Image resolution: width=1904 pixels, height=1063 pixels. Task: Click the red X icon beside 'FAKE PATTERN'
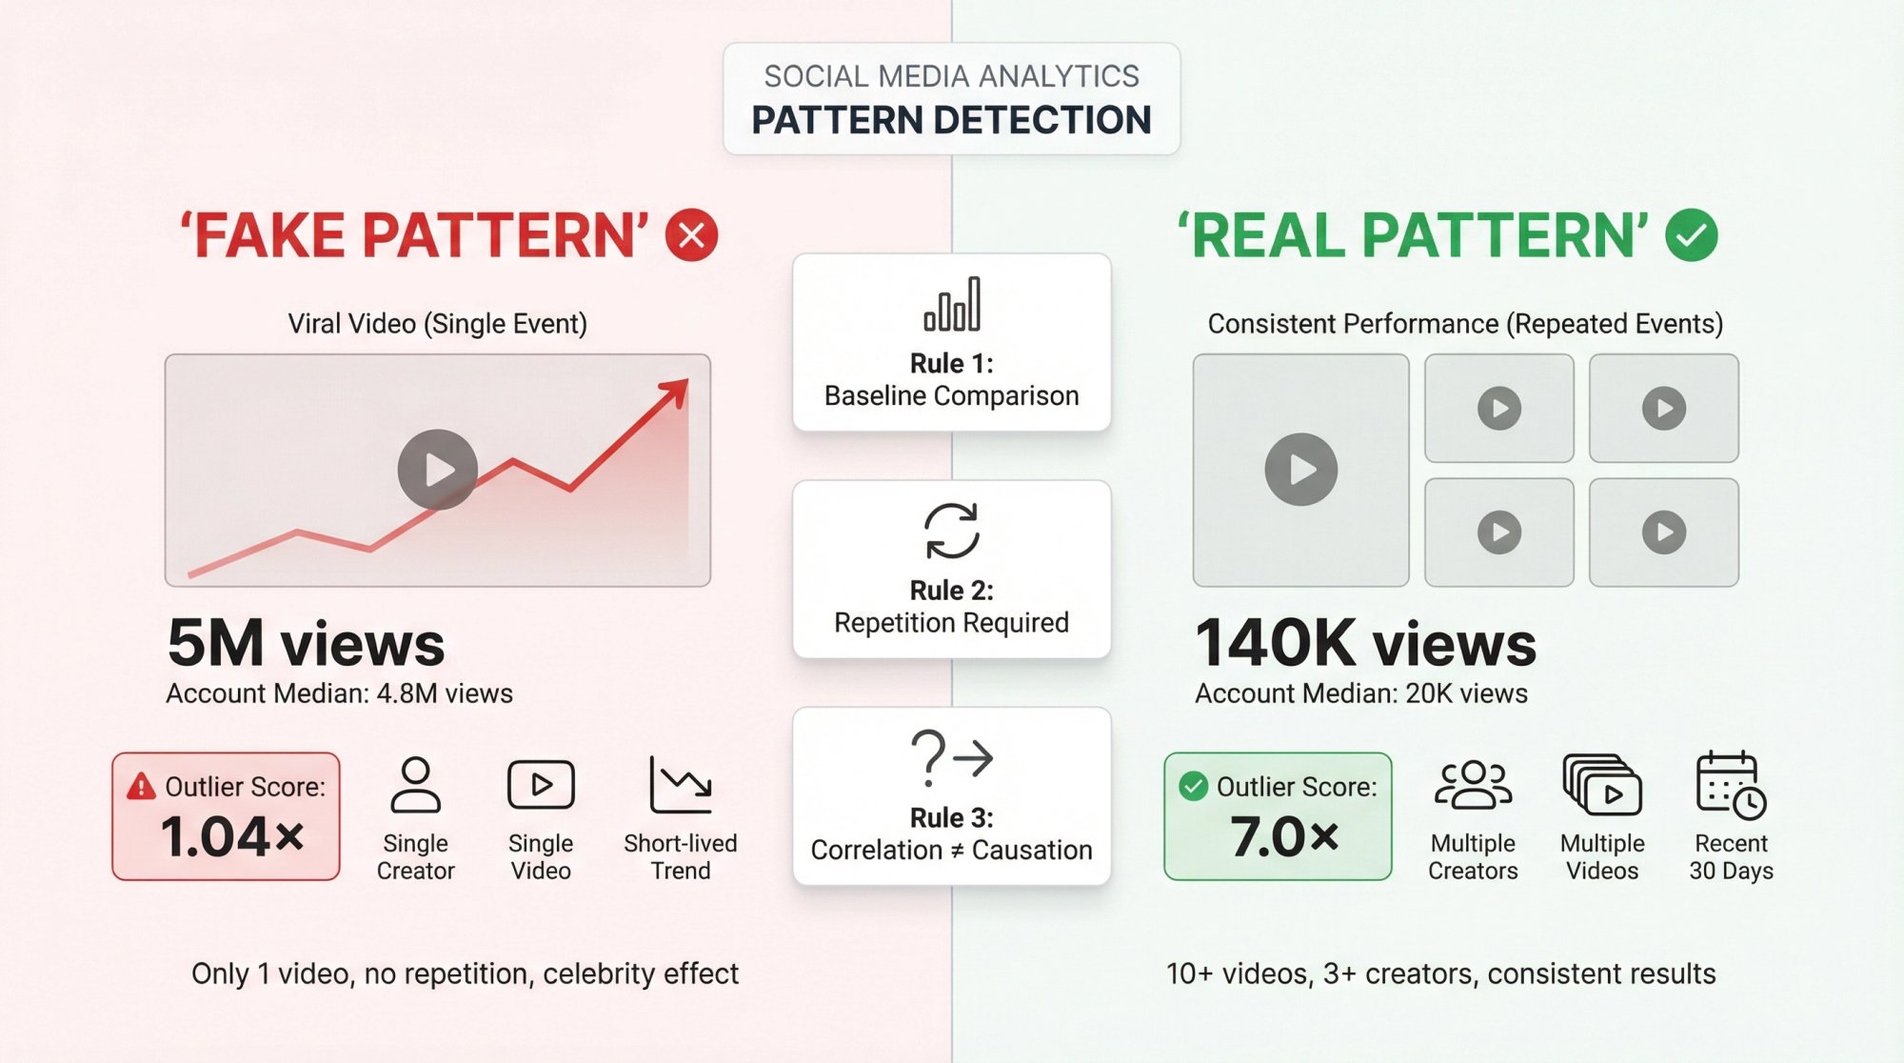point(691,235)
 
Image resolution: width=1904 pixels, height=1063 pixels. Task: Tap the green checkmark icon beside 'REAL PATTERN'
point(1692,235)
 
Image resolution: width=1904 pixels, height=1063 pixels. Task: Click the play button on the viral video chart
point(438,470)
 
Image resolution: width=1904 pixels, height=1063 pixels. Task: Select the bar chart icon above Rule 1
point(952,305)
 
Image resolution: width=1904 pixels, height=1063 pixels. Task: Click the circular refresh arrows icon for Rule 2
point(952,531)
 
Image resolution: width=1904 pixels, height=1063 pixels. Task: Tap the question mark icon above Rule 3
point(929,757)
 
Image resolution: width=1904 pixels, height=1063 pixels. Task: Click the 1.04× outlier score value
point(232,837)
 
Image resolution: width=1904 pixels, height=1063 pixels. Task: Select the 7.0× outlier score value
point(1284,837)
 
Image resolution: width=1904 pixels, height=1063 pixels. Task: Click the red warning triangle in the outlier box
point(141,786)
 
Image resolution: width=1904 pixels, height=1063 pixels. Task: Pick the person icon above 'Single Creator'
point(416,785)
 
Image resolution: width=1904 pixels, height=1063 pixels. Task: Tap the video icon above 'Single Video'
point(541,785)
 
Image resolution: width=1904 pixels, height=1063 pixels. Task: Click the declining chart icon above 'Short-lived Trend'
point(680,785)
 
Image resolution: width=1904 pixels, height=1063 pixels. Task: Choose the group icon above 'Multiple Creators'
point(1473,785)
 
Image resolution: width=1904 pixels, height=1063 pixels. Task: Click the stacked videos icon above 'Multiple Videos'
point(1602,785)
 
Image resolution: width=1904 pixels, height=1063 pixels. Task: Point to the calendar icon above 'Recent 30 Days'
point(1730,785)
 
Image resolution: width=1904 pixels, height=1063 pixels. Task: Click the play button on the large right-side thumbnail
point(1301,470)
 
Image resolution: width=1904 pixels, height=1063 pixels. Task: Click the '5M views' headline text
point(306,644)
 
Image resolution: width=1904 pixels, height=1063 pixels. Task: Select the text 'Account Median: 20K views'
point(1361,693)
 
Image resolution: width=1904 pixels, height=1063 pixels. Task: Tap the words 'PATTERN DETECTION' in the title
point(952,121)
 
